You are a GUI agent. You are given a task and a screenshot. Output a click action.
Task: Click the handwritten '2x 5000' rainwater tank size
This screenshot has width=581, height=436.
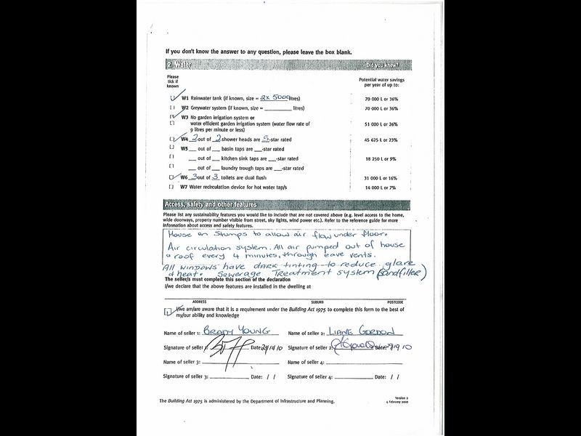coord(260,97)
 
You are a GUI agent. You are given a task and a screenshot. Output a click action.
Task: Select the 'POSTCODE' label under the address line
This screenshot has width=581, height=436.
coord(395,302)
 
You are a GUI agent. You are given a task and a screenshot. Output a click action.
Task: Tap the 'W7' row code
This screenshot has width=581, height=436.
coord(184,187)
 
